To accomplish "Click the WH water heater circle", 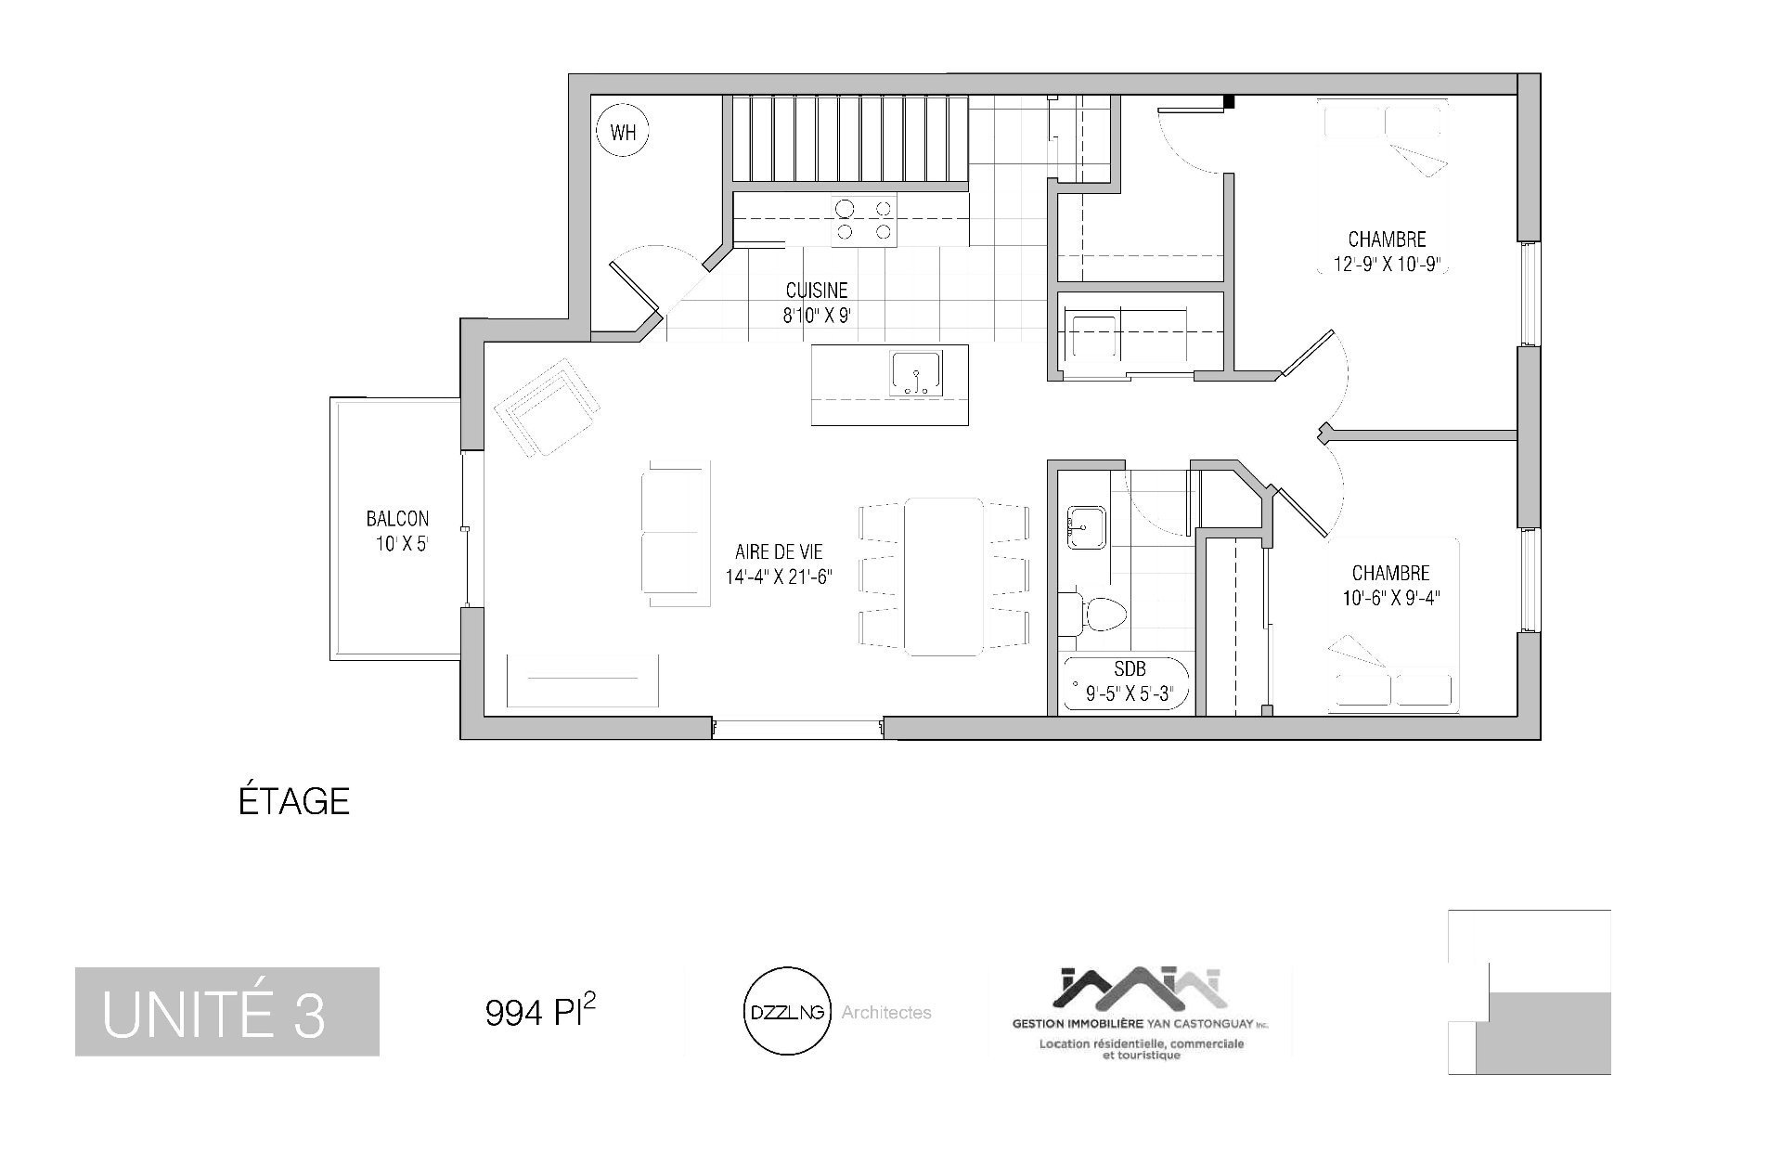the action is (x=623, y=131).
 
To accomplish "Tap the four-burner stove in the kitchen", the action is (x=864, y=220).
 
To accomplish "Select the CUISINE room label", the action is (x=817, y=291).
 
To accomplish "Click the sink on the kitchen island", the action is (x=916, y=373).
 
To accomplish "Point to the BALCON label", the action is (x=397, y=520).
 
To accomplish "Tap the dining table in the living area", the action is (x=944, y=576).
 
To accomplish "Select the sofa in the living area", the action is (x=676, y=533).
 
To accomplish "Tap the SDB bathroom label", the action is (x=1130, y=669).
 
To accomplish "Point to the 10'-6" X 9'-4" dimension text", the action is (x=1390, y=598).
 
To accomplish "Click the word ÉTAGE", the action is (x=294, y=801).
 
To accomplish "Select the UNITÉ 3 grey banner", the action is (x=227, y=1012).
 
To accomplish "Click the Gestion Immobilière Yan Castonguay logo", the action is (x=1141, y=1014).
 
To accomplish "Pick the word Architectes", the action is (x=886, y=1013).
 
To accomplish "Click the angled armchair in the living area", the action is (x=546, y=408).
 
